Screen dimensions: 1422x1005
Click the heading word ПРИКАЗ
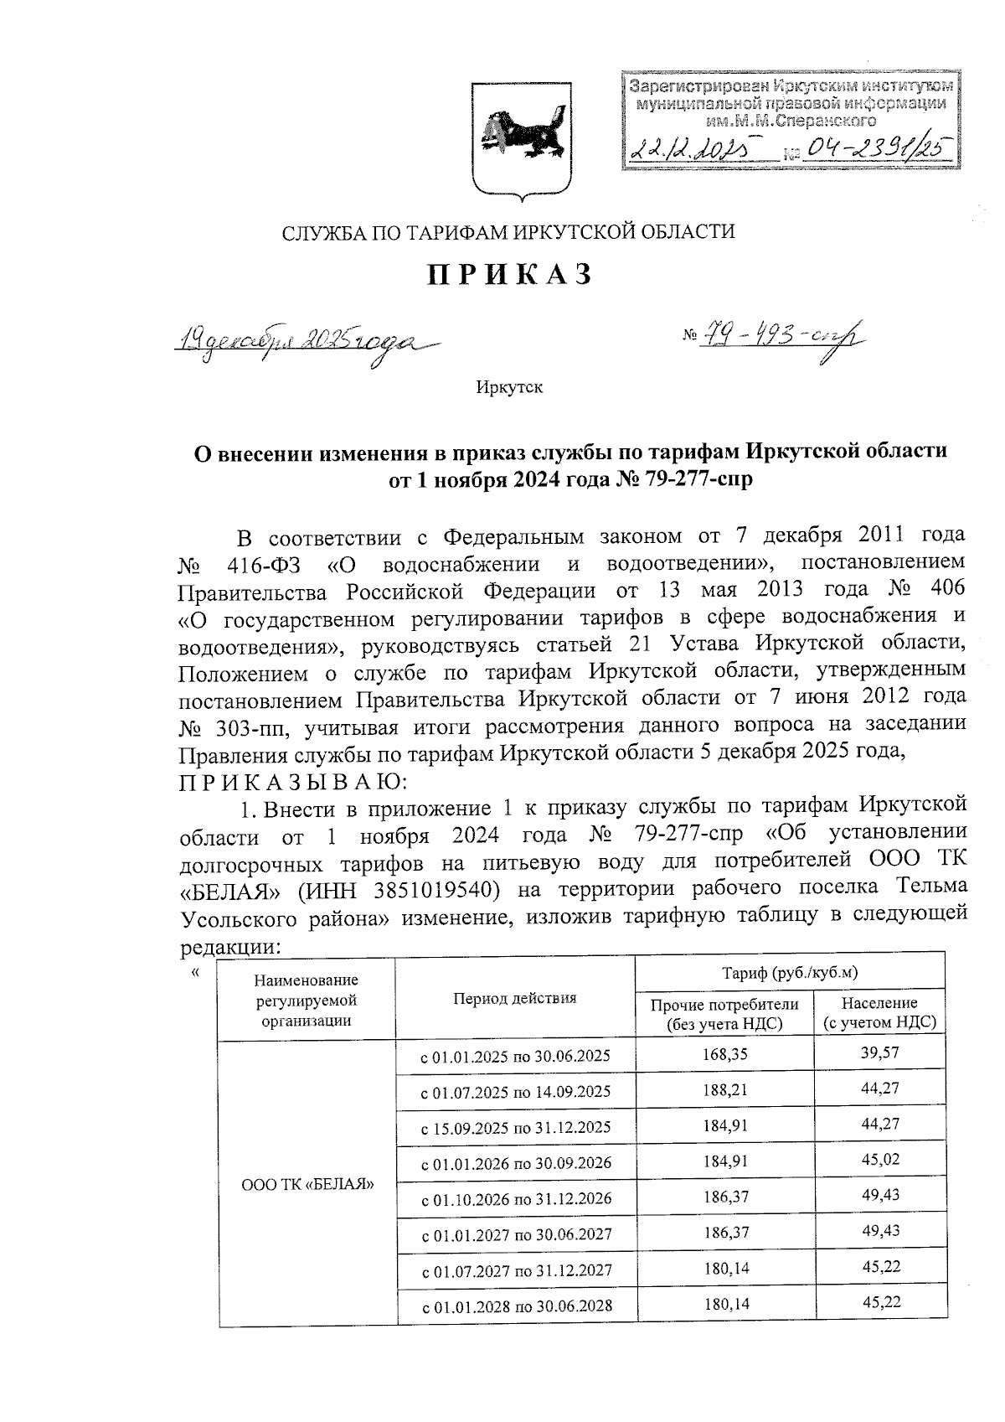pyautogui.click(x=510, y=274)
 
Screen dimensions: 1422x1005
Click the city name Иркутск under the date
pyautogui.click(x=509, y=388)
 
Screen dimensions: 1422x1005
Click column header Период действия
pyautogui.click(x=514, y=998)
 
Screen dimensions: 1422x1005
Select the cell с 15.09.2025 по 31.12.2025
pyautogui.click(x=514, y=1127)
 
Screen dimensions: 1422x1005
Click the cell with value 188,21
pyautogui.click(x=724, y=1090)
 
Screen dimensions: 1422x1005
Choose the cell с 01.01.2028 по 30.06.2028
pyautogui.click(x=514, y=1306)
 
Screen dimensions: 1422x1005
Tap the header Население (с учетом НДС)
pyautogui.click(x=879, y=1012)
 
